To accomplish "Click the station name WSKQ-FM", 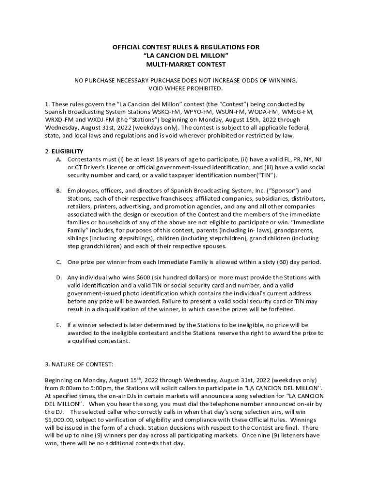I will tap(144, 112).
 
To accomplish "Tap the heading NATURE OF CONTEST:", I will tap(79, 364).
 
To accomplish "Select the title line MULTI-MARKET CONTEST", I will tap(186, 64).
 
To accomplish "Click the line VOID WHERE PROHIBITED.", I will tap(186, 88).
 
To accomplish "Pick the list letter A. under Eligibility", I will tap(58, 159).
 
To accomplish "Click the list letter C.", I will tap(58, 262).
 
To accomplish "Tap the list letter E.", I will tap(58, 325).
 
